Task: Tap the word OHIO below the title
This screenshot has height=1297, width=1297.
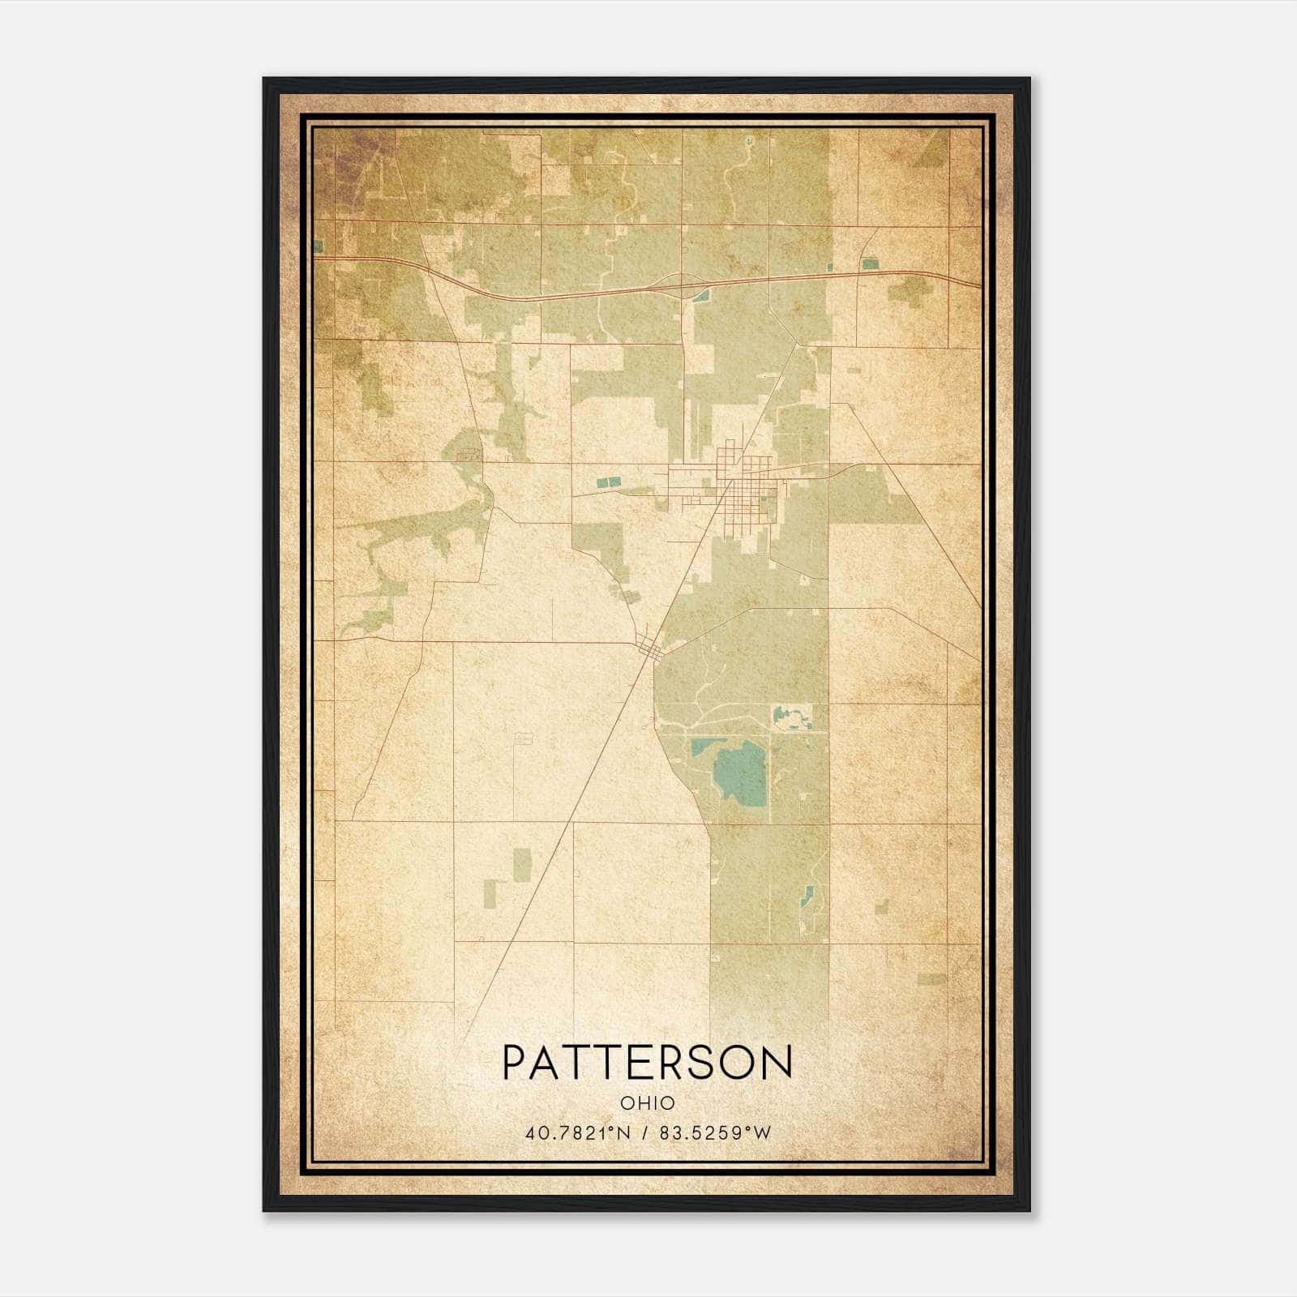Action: pyautogui.click(x=647, y=1103)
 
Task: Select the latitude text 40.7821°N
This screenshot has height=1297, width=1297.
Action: pyautogui.click(x=577, y=1133)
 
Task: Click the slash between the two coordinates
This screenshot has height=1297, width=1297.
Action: pyautogui.click(x=645, y=1133)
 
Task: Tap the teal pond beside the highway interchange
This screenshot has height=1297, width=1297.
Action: pyautogui.click(x=700, y=295)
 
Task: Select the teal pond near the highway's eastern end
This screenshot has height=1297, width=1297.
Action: pyautogui.click(x=870, y=263)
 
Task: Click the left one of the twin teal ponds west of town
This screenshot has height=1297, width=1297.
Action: pyautogui.click(x=602, y=482)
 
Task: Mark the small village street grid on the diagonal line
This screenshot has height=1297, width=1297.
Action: pyautogui.click(x=650, y=647)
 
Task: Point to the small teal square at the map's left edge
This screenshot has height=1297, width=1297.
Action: pyautogui.click(x=319, y=244)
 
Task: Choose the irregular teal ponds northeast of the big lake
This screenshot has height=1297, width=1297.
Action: pyautogui.click(x=790, y=717)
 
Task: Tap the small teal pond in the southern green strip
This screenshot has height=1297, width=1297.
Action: pyautogui.click(x=807, y=896)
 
